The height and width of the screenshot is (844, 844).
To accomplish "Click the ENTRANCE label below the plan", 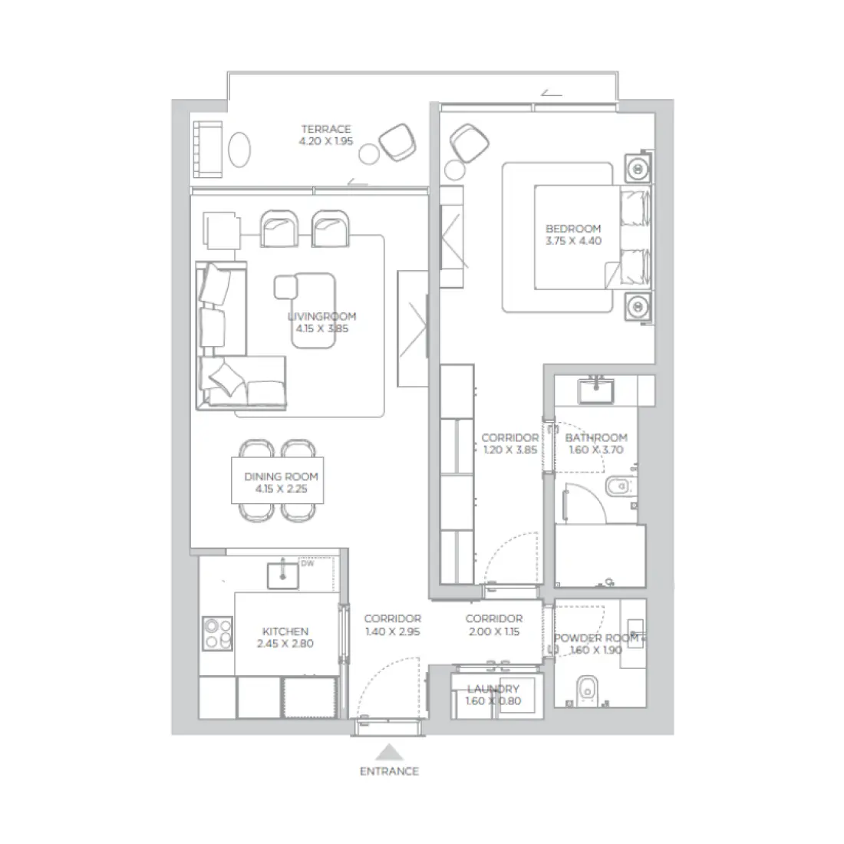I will [389, 771].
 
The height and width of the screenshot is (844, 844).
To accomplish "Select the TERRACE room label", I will [326, 135].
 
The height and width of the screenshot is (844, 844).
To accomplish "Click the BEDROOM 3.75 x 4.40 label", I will [573, 234].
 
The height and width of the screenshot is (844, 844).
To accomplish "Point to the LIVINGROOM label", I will [321, 322].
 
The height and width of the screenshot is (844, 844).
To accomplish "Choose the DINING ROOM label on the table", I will [281, 482].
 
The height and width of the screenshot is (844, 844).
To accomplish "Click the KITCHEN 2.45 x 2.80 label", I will [285, 638].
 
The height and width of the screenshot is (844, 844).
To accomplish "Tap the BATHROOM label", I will [596, 443].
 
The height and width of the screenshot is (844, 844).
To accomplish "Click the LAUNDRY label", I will [493, 694].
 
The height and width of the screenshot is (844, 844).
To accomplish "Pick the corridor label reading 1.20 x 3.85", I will [509, 443].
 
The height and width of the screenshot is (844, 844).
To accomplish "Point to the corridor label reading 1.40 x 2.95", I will [392, 625].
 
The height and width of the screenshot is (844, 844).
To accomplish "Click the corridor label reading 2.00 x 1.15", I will [493, 625].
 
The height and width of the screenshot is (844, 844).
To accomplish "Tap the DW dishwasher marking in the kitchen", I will [307, 564].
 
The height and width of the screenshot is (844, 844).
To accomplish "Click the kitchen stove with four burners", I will [217, 635].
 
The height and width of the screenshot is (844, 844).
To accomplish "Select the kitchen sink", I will [283, 574].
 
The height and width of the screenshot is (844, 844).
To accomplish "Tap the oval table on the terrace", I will [240, 148].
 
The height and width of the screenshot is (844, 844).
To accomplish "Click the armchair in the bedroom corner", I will [469, 141].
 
